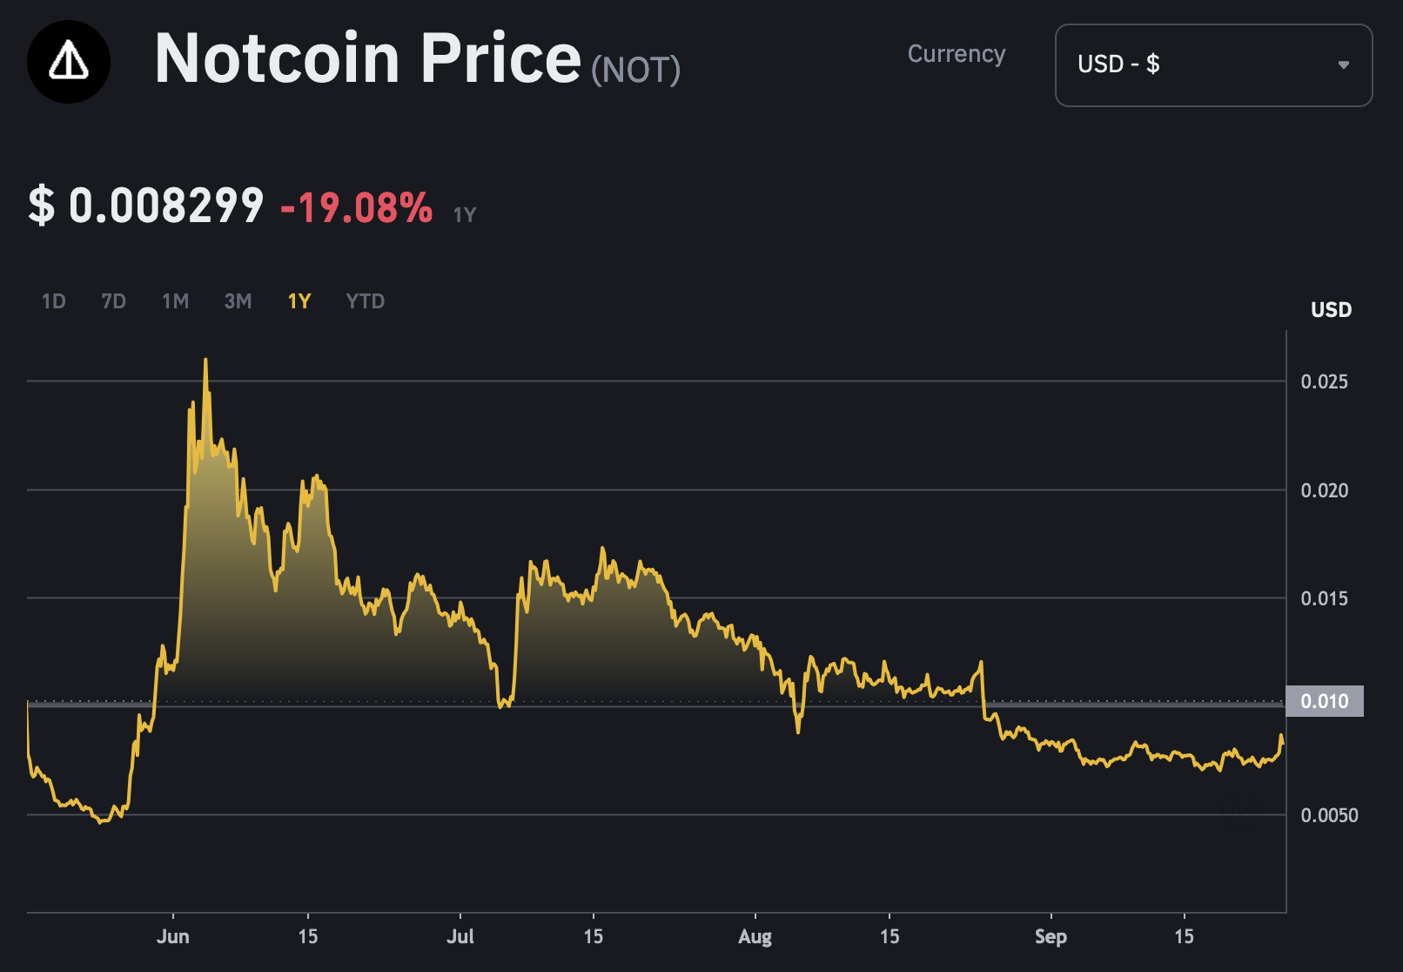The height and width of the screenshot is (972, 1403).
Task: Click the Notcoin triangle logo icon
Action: [x=69, y=62]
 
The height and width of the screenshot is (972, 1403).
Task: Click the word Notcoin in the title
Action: [x=277, y=59]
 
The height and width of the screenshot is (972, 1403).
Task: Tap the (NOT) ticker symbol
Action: [x=635, y=70]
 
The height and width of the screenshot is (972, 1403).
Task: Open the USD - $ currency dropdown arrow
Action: [x=1343, y=64]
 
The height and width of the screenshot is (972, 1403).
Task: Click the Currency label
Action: [x=956, y=54]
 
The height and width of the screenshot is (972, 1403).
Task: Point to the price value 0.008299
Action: [x=165, y=206]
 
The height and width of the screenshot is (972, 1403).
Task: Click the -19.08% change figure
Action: [x=357, y=208]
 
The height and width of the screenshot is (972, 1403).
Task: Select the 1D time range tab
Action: [x=54, y=301]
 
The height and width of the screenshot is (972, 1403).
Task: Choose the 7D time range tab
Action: [x=113, y=301]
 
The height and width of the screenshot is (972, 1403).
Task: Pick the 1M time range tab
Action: [x=175, y=301]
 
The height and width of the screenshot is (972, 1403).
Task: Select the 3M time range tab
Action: [x=238, y=301]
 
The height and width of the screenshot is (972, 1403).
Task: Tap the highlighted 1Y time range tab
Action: [x=299, y=301]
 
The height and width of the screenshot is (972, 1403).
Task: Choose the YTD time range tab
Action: [x=365, y=301]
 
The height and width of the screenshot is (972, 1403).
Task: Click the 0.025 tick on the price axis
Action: [x=1324, y=381]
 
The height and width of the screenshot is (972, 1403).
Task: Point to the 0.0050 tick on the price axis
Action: [x=1329, y=815]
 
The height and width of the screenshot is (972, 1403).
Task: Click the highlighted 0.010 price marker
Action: [x=1324, y=701]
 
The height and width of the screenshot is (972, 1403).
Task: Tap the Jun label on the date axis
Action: [x=172, y=936]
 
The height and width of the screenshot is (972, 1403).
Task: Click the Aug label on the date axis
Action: [x=755, y=936]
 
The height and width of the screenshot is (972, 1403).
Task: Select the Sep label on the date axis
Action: [x=1051, y=936]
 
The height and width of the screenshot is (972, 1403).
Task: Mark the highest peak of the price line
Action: [x=205, y=360]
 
